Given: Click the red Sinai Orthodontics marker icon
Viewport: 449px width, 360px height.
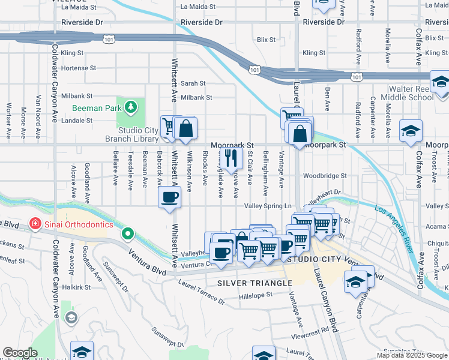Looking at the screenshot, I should (35, 224).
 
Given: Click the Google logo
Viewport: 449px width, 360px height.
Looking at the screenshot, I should (20, 353).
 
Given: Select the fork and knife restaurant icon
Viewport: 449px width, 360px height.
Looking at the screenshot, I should (229, 158).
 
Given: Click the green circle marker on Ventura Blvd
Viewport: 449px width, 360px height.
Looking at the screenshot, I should (127, 233).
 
